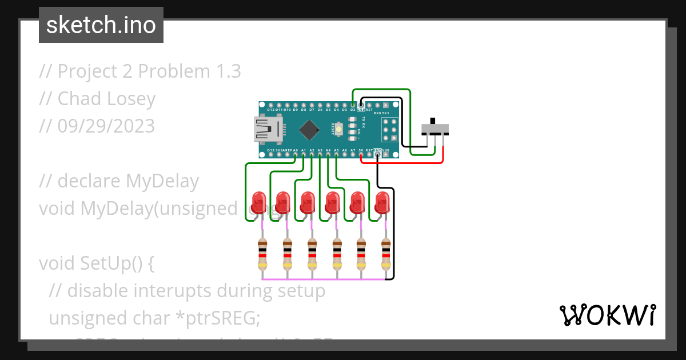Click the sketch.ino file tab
coord(101,25)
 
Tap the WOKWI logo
coord(607,315)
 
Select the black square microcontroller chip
coord(309,130)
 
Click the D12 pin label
coord(271,109)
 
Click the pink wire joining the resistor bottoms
coord(326,279)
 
